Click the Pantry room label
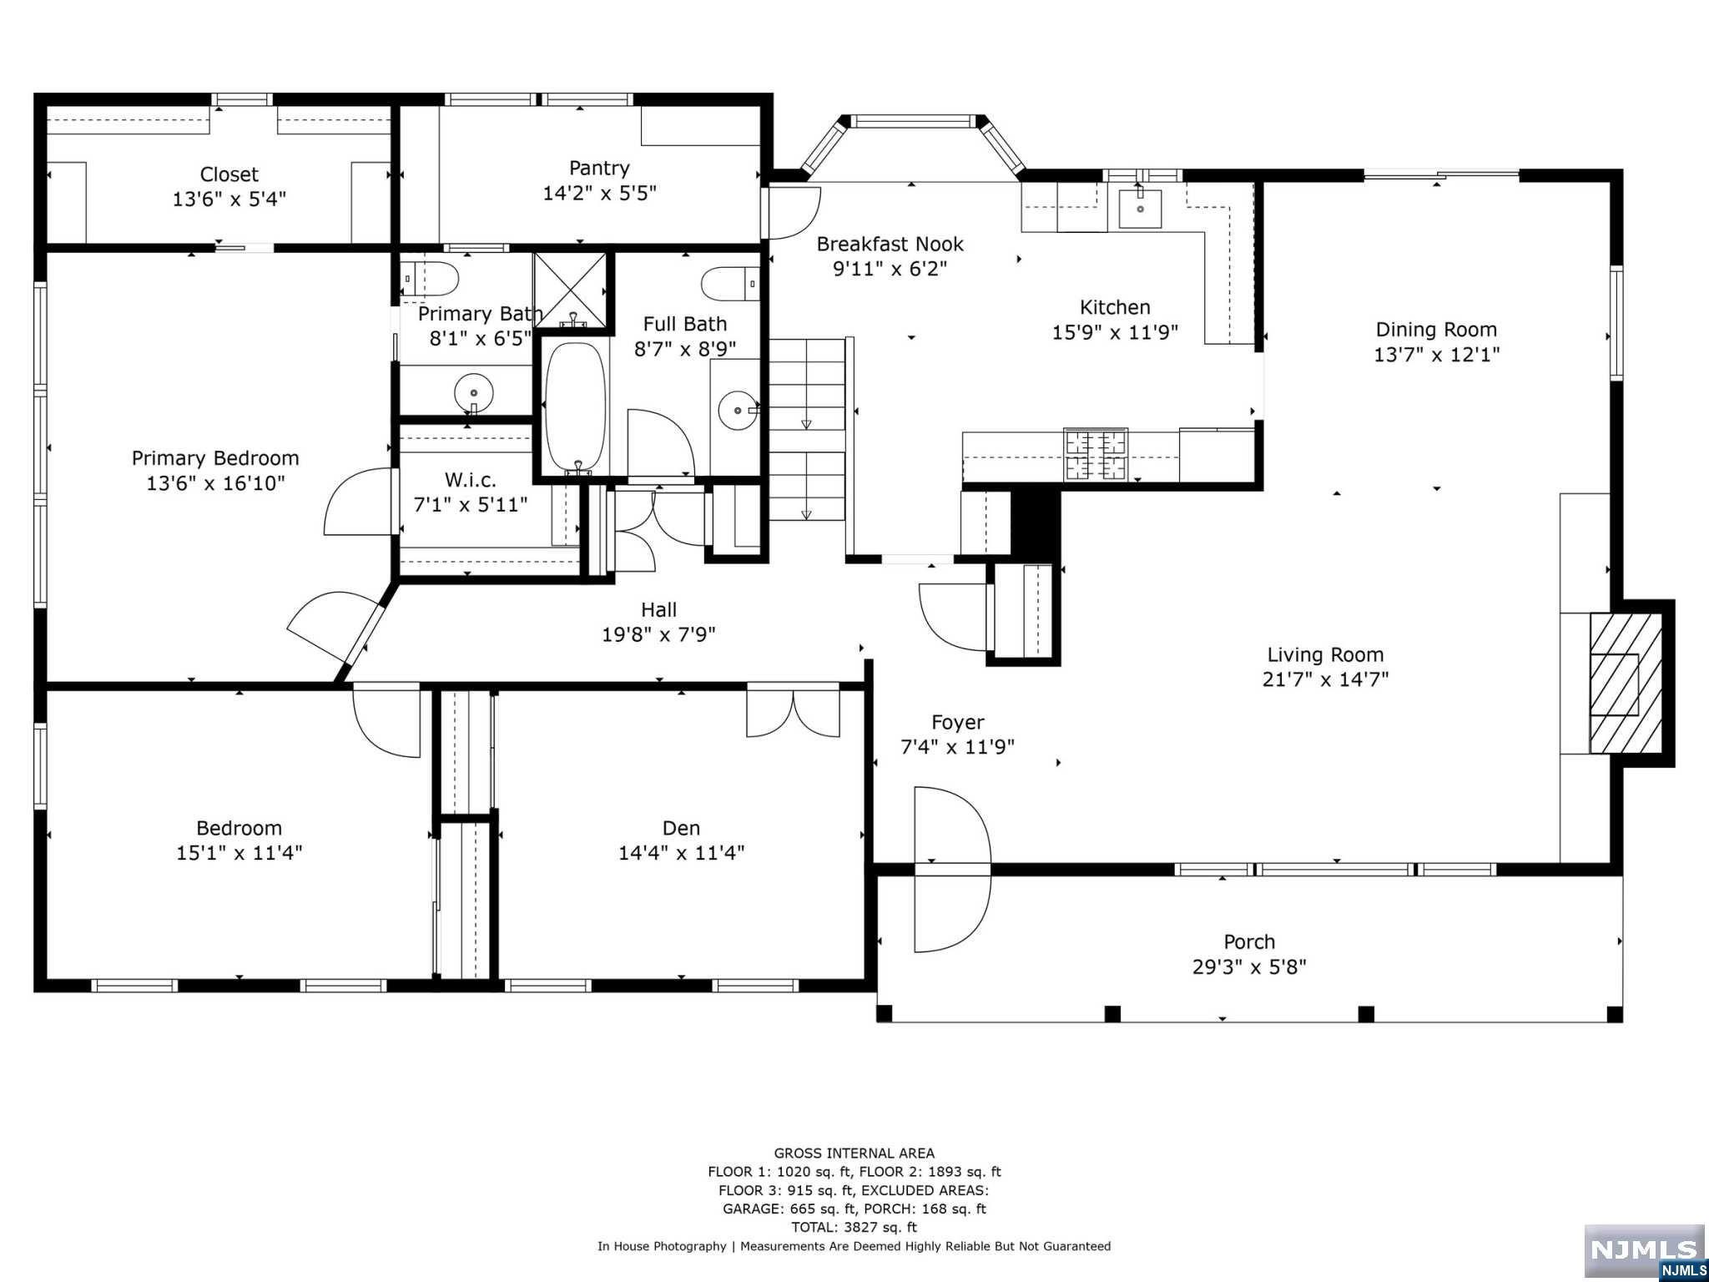[x=599, y=168]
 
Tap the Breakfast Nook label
[x=890, y=244]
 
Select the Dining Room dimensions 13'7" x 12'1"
[x=1436, y=354]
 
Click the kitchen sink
[x=1139, y=208]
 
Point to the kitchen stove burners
[x=1096, y=455]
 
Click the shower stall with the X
[x=570, y=289]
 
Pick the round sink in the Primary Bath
[x=473, y=391]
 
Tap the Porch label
[x=1249, y=941]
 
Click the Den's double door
[x=793, y=710]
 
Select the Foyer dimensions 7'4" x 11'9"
[x=957, y=746]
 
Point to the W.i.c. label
[x=470, y=480]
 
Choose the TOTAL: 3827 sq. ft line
[x=854, y=1227]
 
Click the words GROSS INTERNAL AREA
[x=854, y=1153]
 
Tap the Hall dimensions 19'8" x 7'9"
[x=658, y=634]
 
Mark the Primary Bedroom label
[x=215, y=458]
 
